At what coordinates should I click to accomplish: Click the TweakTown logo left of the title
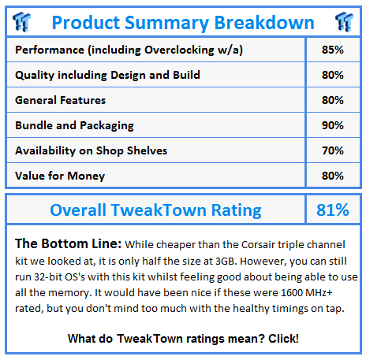tap(22, 22)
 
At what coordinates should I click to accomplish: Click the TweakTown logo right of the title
tap(344, 22)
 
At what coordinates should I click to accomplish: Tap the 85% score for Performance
tap(333, 50)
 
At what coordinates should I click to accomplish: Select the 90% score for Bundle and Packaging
tap(333, 125)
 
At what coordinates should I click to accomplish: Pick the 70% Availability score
tap(333, 150)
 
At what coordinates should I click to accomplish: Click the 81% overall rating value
tap(333, 210)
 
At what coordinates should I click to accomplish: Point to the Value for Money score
tap(333, 176)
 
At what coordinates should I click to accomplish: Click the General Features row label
tap(61, 100)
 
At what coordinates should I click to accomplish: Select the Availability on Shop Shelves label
tap(91, 150)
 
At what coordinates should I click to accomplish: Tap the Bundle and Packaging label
tap(74, 125)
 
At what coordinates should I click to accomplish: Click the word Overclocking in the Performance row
tap(179, 50)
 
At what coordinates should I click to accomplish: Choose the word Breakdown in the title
tap(264, 23)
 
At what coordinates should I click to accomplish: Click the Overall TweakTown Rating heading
tap(155, 210)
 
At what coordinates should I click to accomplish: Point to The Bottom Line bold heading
tap(69, 243)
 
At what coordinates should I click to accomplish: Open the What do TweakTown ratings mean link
tap(183, 339)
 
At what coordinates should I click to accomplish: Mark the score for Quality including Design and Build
tap(333, 75)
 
